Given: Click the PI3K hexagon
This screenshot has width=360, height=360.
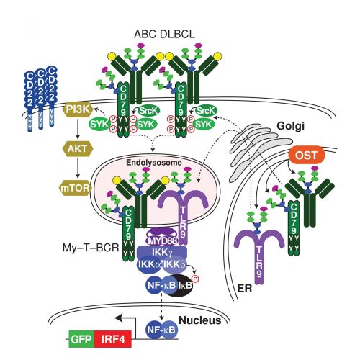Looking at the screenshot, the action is pos(78,109).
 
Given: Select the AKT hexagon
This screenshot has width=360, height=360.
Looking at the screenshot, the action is pos(78,149).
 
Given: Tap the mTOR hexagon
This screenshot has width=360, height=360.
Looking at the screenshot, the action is pos(75,188).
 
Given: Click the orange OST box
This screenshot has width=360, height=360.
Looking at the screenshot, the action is pos(307,155).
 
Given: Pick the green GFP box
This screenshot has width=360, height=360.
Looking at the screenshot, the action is pos(81,339).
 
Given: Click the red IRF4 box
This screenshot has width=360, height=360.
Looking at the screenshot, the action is pos(113,339).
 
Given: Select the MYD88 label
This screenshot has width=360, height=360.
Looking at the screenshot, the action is pos(161,240).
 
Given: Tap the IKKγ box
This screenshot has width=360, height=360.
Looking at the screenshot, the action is pos(162,252).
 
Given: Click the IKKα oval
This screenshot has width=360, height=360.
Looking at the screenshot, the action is pos(150,264).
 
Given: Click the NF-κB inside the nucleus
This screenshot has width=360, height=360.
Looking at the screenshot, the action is pos(162,330).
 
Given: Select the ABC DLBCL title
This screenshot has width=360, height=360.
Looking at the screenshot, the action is pos(164,34).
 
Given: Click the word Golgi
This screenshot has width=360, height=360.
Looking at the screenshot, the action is pos(290,126).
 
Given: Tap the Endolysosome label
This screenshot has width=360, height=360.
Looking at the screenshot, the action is pos(154,163).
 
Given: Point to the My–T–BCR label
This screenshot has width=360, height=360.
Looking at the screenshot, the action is pos(91,248).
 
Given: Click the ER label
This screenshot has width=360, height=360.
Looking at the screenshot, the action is pos(245,288).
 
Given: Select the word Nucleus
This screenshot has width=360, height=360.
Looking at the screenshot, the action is pos(200,320).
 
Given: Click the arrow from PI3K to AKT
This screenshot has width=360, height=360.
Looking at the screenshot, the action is pos(78,128).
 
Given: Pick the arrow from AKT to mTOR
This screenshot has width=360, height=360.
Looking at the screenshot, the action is pos(78,167).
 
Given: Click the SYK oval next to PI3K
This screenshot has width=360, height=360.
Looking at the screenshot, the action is pos(100,125).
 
